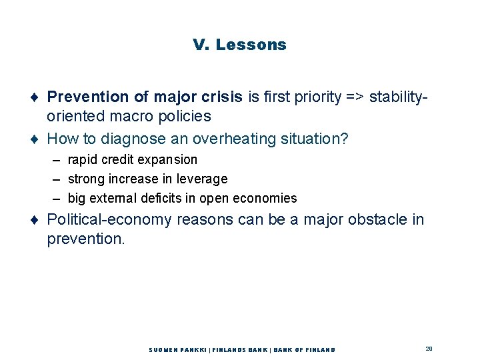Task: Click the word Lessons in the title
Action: pyautogui.click(x=251, y=45)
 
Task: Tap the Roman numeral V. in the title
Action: pyautogui.click(x=201, y=45)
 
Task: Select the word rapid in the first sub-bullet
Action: pyautogui.click(x=83, y=160)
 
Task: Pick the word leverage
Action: pyautogui.click(x=202, y=179)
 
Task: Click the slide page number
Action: pyautogui.click(x=429, y=349)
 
